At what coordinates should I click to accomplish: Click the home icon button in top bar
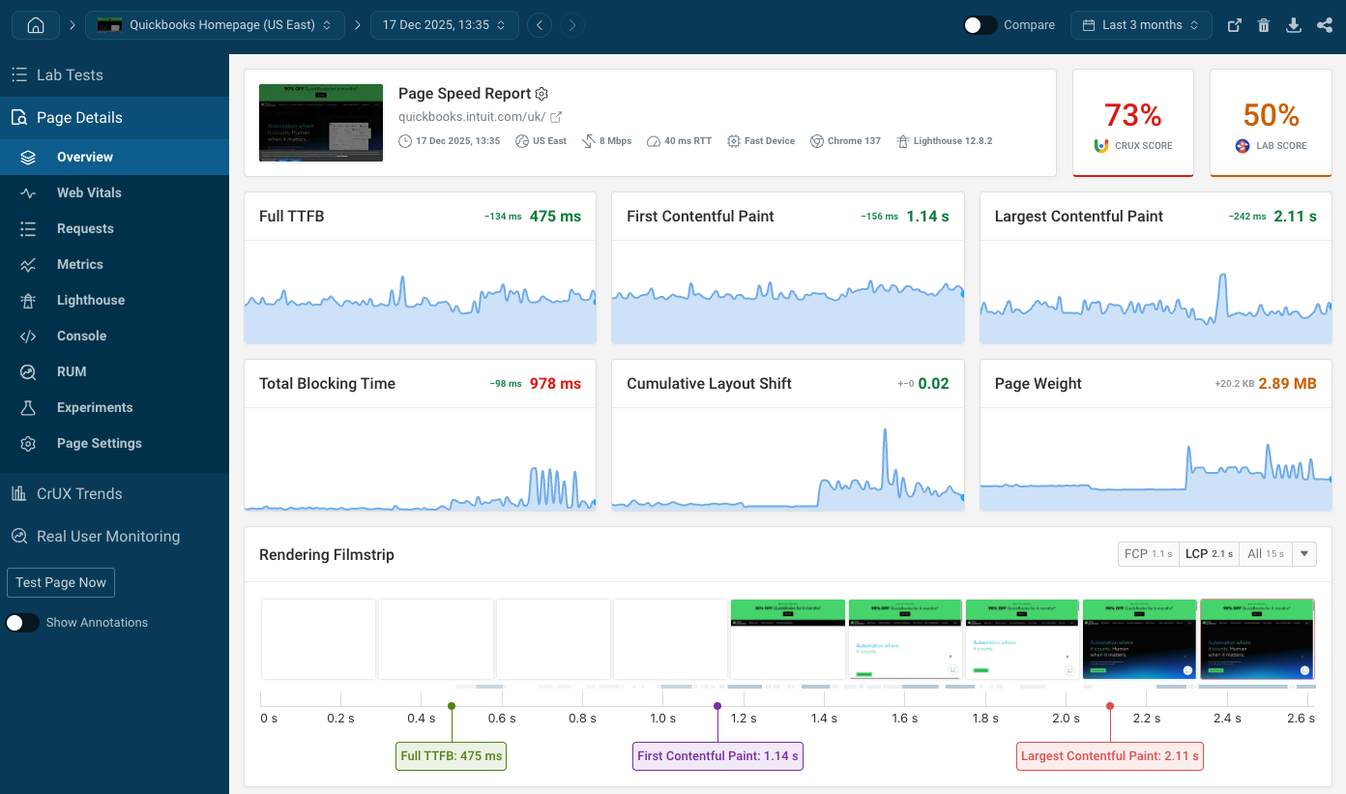coord(36,25)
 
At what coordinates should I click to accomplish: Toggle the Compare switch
coord(980,25)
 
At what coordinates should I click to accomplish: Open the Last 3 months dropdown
coord(1141,25)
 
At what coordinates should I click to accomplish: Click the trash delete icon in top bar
coord(1264,25)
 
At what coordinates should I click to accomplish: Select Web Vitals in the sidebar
coord(89,192)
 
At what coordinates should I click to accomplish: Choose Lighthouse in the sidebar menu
coord(90,300)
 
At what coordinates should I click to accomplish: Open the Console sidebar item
coord(81,336)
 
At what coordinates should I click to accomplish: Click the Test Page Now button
coord(61,582)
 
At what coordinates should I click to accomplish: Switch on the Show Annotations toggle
coord(23,623)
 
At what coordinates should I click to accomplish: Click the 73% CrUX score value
coord(1132,115)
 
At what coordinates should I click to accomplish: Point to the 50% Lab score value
coord(1271,115)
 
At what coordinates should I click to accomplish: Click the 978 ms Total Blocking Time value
coord(555,384)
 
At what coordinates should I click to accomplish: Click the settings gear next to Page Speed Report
coord(542,94)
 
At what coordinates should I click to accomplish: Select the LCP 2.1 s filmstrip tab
coord(1209,554)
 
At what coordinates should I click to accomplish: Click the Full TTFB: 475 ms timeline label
coord(452,755)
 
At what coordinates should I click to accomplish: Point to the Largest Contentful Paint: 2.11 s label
coord(1110,755)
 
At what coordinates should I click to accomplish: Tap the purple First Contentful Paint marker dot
coord(717,706)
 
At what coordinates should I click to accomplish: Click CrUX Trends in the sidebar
coord(79,493)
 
